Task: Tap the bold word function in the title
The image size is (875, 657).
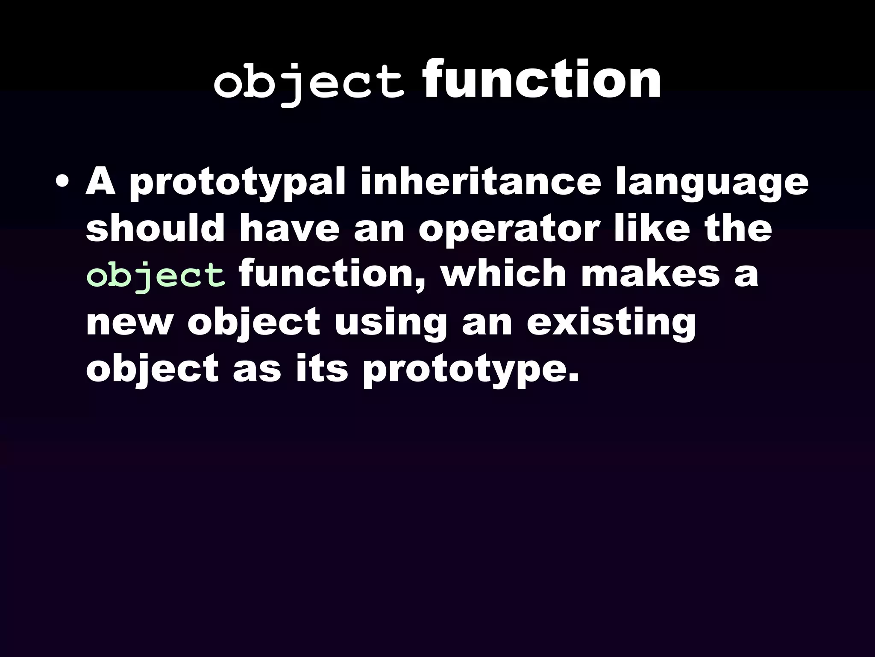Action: click(x=542, y=80)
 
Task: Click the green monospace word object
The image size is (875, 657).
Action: click(x=156, y=276)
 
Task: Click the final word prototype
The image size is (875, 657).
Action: click(x=470, y=371)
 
